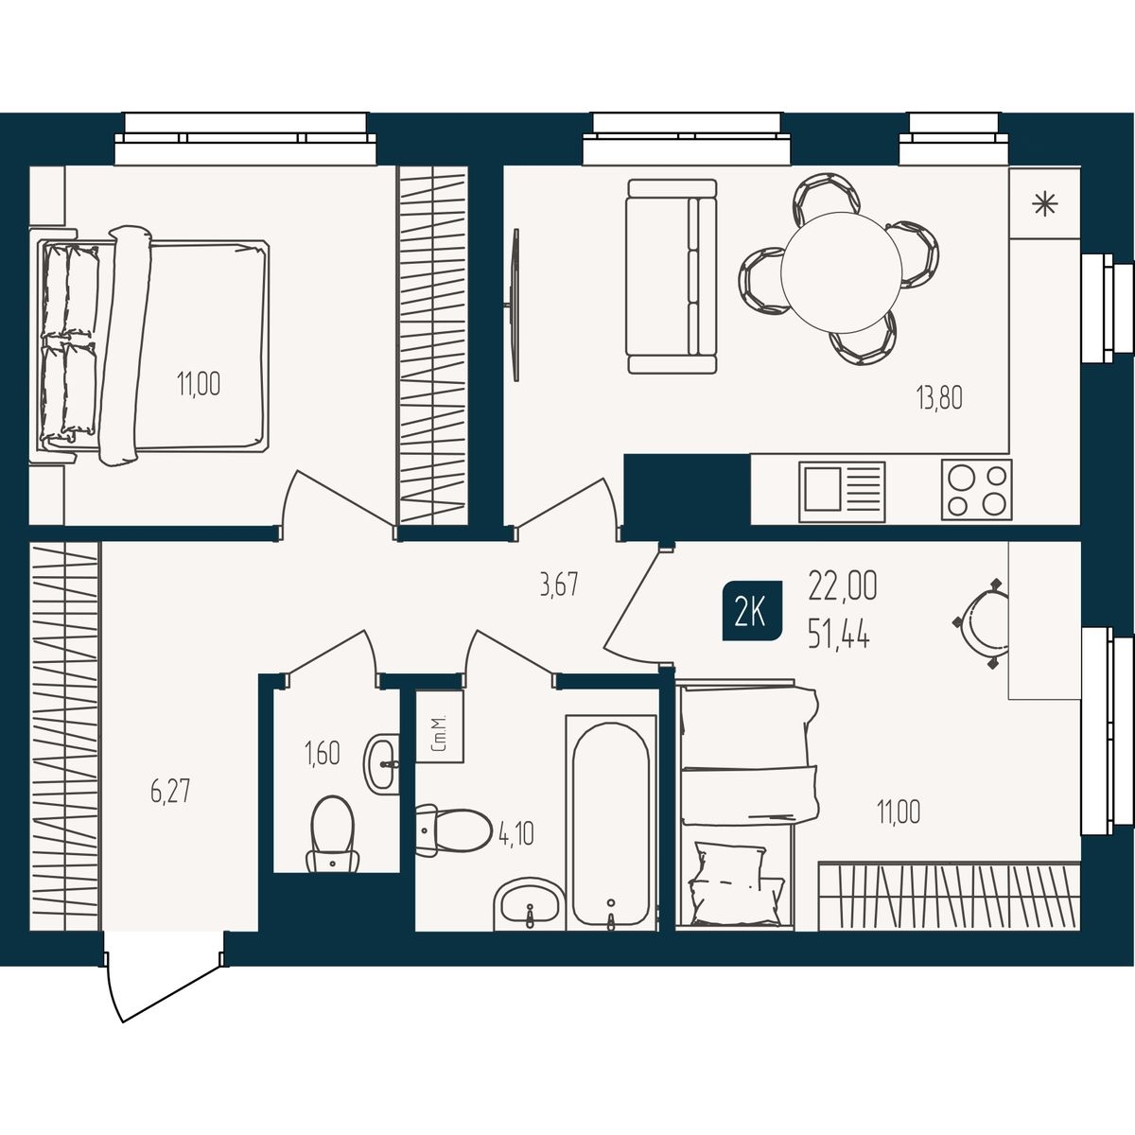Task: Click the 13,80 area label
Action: (939, 398)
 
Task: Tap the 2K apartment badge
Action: (752, 611)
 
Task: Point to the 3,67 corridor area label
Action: (559, 586)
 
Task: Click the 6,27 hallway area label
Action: (170, 792)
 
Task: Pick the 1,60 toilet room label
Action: (323, 753)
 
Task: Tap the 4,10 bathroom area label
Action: (516, 833)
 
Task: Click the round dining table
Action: (841, 272)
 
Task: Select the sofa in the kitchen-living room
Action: (672, 276)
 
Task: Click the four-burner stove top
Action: (976, 489)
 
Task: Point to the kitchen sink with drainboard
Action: (842, 491)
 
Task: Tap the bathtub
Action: (611, 822)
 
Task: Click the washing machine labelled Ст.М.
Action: (440, 726)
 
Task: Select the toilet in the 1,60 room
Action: (333, 833)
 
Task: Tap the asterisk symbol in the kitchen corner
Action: (1044, 203)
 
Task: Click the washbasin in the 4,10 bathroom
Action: (530, 905)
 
